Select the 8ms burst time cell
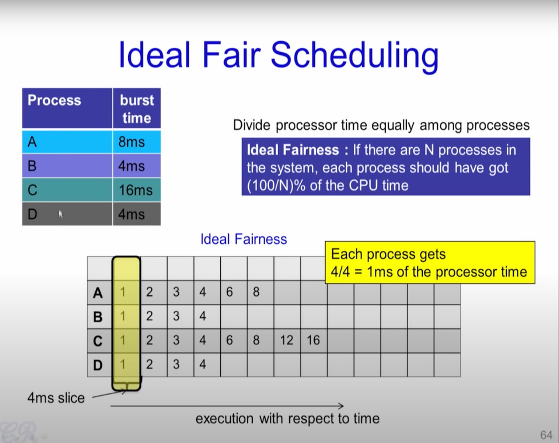[137, 142]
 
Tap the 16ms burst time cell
[137, 190]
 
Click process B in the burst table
[32, 166]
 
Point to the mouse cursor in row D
[61, 215]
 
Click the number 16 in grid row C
[313, 340]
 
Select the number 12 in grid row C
[286, 340]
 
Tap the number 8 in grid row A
[256, 292]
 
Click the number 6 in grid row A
[229, 292]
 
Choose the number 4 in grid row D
[202, 364]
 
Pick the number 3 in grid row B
[176, 316]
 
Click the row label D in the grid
[98, 365]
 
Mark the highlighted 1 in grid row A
[123, 292]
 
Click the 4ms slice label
[56, 398]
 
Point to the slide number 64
[546, 435]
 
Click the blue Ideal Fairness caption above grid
[244, 239]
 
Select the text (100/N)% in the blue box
[276, 185]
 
